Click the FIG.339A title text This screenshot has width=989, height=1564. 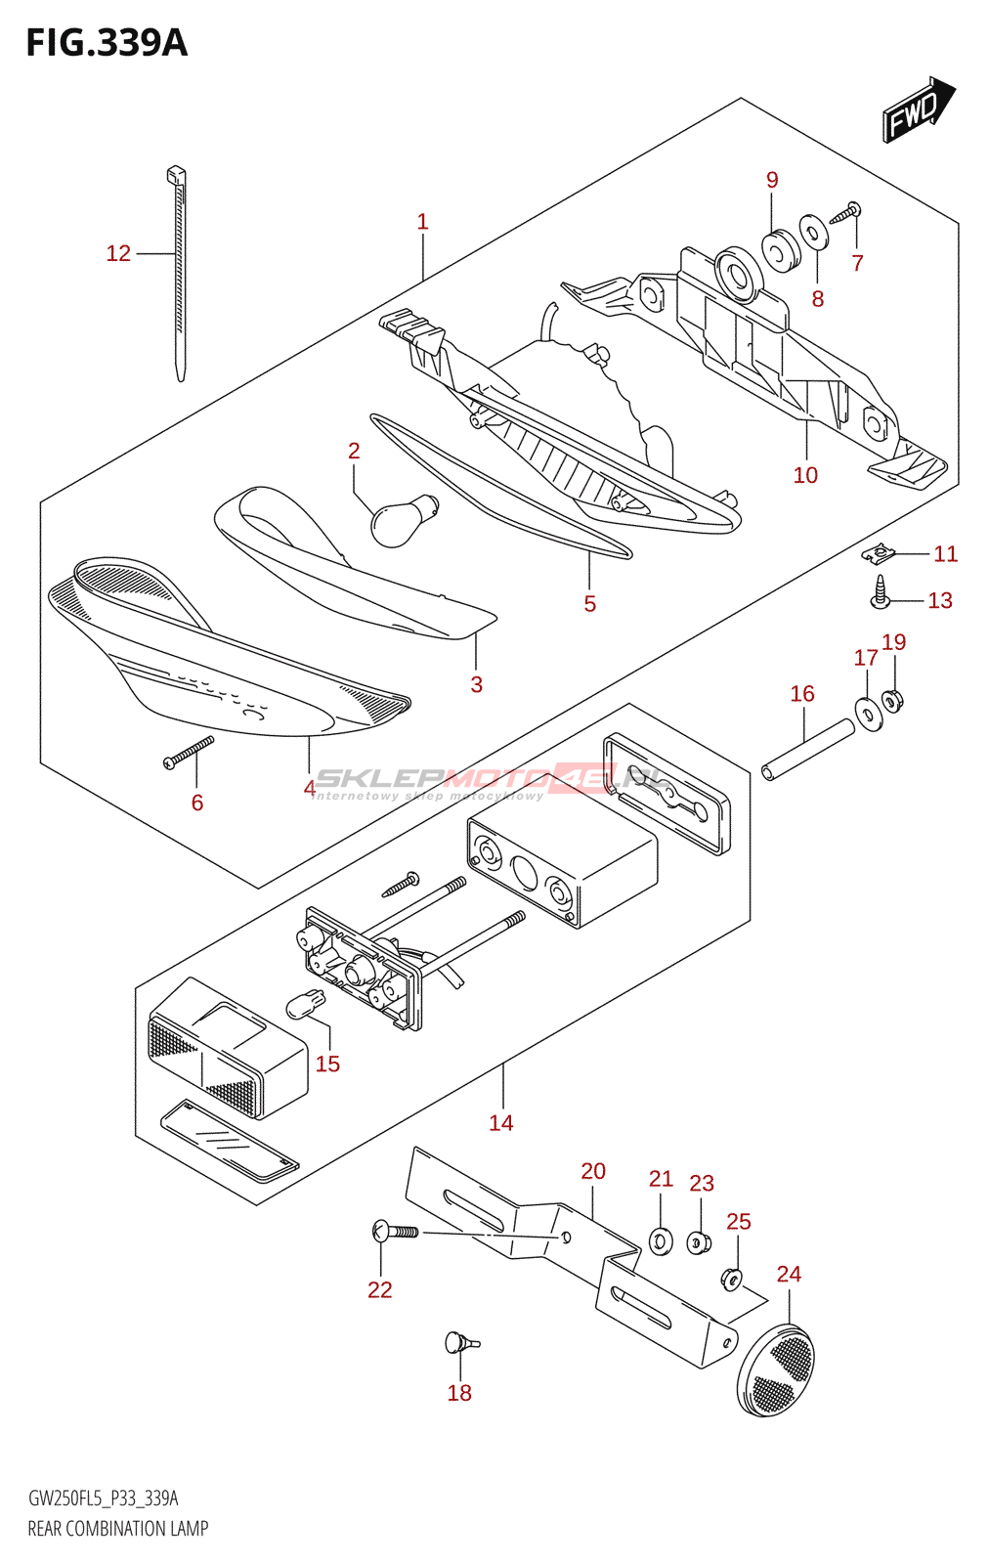(x=106, y=43)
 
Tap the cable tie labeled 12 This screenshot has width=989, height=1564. (x=179, y=274)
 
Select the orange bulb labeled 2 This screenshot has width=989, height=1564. (x=402, y=519)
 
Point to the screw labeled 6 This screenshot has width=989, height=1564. (x=189, y=753)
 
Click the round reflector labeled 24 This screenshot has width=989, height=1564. (x=777, y=1369)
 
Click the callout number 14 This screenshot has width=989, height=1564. (x=501, y=1123)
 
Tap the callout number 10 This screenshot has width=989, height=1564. (x=805, y=475)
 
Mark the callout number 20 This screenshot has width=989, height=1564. (x=593, y=1171)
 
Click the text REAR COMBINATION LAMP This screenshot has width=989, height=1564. (x=117, y=1528)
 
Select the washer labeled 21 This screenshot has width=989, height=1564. (x=662, y=1241)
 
